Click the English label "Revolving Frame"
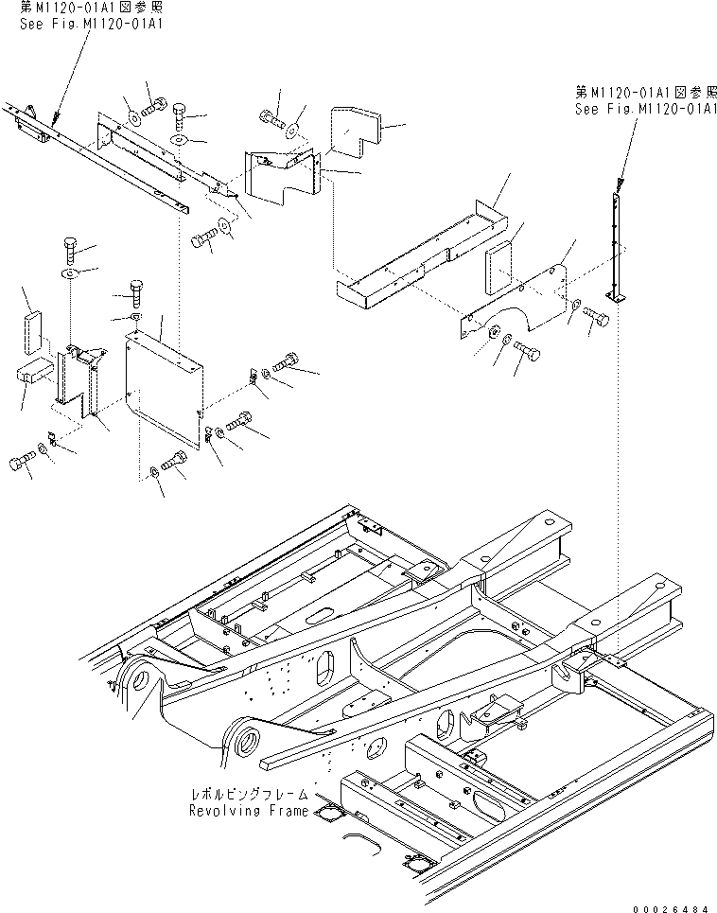tap(249, 811)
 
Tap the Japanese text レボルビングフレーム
tap(251, 794)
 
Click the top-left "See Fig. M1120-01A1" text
tap(92, 24)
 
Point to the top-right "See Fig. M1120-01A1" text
tap(646, 109)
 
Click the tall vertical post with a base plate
tap(616, 249)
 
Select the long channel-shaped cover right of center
tap(423, 255)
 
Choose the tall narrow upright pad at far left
tap(33, 333)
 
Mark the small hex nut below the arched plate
tap(493, 332)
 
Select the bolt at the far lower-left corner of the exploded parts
tap(22, 462)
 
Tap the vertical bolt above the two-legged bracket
tap(69, 250)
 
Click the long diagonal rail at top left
tap(96, 157)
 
